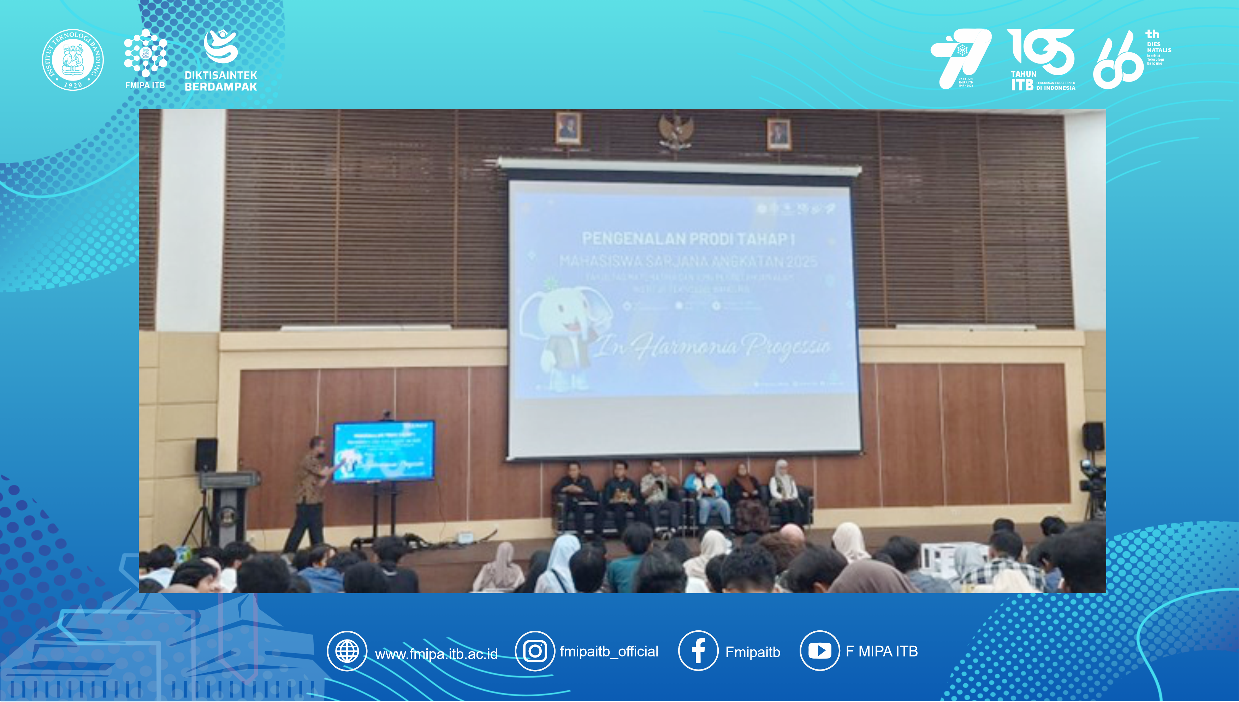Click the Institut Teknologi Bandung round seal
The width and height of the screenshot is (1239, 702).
[73, 59]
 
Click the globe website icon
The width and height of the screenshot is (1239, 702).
[346, 651]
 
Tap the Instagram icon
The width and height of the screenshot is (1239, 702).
[535, 651]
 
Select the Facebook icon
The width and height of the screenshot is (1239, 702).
[698, 651]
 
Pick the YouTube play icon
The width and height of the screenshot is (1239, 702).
[819, 651]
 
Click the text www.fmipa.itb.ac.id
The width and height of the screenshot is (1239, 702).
[436, 654]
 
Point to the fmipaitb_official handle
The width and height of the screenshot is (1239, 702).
[609, 652]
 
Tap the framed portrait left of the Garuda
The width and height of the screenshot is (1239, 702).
[568, 128]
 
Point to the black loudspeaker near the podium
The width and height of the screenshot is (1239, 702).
[206, 454]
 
